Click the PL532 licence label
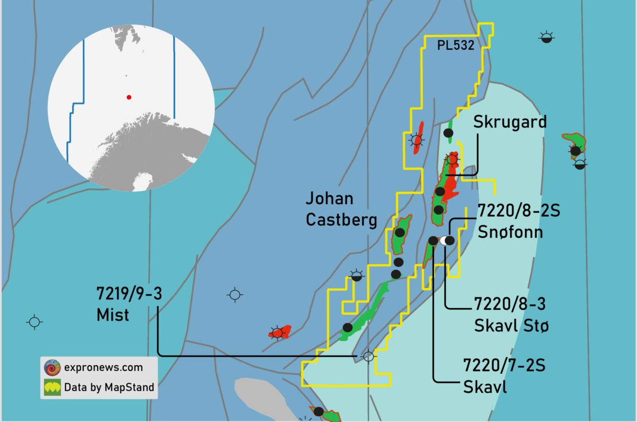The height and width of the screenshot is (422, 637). tap(455, 46)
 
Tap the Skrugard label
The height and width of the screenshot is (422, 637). tap(510, 123)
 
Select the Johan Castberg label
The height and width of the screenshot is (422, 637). tap(341, 209)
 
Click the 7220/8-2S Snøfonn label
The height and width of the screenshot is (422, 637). tap(510, 221)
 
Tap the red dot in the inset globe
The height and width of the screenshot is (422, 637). tap(128, 97)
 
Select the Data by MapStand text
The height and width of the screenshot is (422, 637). tap(109, 387)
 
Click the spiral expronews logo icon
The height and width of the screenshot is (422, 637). tap(52, 367)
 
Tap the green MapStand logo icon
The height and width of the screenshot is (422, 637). tap(52, 387)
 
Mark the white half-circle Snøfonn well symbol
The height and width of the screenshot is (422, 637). tap(444, 240)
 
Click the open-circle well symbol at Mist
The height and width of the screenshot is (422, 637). tap(368, 356)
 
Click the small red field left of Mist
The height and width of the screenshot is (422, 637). tap(280, 332)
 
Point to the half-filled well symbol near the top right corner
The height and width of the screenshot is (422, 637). tap(546, 37)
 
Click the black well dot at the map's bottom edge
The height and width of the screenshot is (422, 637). tap(318, 411)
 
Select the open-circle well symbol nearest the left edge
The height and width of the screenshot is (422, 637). tap(35, 322)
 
